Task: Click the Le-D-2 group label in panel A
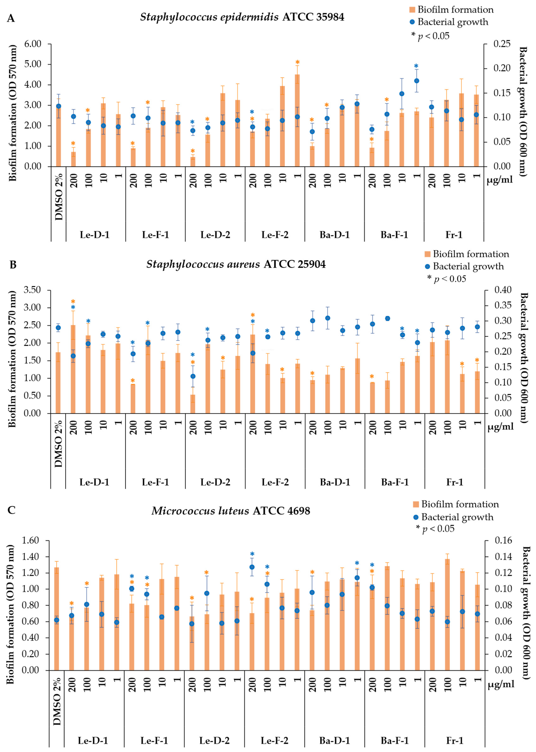pos(215,235)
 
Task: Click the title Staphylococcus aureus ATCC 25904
pos(236,264)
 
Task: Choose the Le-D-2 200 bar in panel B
pos(193,404)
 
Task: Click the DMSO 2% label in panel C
pos(57,701)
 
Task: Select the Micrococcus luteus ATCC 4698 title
pos(231,511)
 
